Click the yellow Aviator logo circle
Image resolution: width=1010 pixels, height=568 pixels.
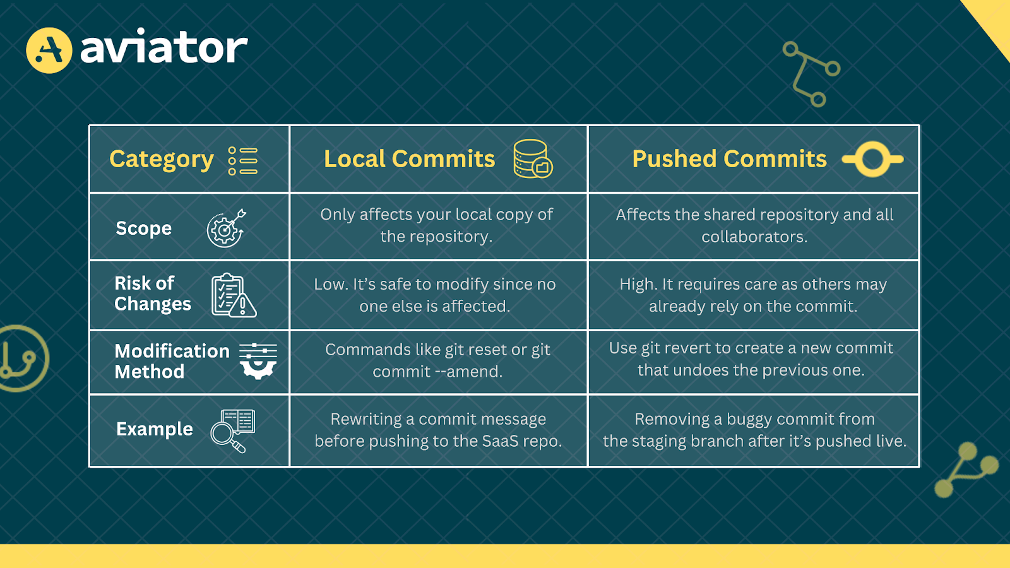[49, 50]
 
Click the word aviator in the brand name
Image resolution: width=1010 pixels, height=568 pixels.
[164, 49]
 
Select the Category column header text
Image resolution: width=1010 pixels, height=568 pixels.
[162, 159]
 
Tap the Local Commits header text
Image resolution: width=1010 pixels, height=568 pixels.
[409, 159]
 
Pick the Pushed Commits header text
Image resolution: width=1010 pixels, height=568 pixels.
[729, 159]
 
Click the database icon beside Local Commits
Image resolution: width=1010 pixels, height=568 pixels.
[532, 159]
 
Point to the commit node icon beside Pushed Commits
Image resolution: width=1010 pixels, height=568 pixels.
[873, 159]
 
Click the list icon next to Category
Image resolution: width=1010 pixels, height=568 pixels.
[243, 161]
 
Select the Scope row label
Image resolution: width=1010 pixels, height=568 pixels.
[143, 228]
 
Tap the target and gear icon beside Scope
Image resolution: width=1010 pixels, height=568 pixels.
[226, 228]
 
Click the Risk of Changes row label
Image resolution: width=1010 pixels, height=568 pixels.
[152, 293]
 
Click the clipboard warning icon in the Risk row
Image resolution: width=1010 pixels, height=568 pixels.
[233, 295]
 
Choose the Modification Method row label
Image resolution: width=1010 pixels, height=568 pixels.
[171, 361]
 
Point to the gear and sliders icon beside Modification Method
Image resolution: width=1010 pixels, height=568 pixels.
[258, 361]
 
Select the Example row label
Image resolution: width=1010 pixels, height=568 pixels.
[154, 429]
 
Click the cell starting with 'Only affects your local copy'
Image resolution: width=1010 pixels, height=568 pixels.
[437, 225]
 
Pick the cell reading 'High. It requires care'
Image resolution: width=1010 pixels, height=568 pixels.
[753, 295]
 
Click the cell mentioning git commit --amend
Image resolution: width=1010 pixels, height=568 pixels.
[437, 360]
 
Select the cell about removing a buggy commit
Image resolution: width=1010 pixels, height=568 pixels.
[754, 430]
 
